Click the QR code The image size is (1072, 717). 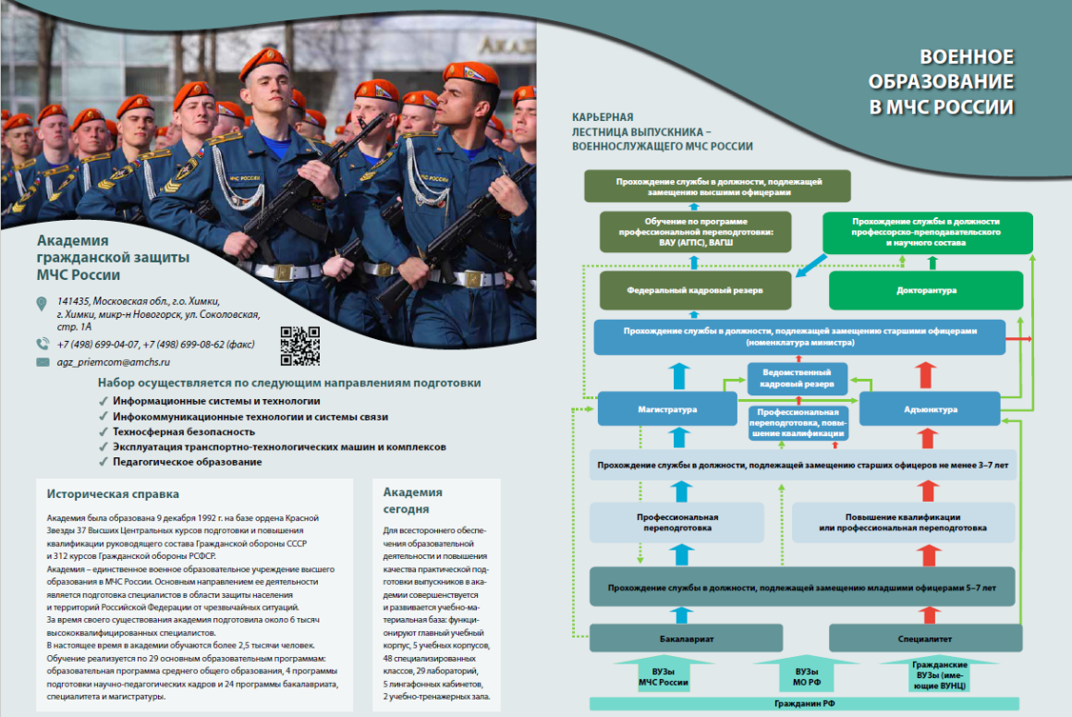[299, 346]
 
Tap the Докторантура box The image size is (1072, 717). [926, 290]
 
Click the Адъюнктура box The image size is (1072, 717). [930, 409]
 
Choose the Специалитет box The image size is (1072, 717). [926, 638]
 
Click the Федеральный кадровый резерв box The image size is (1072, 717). [695, 290]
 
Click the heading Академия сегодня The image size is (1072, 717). [413, 501]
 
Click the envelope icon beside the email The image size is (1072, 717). [43, 362]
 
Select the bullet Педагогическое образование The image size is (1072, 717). [187, 462]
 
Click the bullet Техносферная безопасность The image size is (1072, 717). [183, 431]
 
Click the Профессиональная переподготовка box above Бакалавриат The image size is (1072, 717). [676, 522]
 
